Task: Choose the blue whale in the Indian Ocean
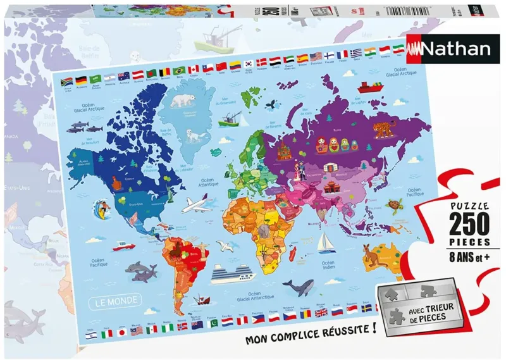click(x=297, y=288)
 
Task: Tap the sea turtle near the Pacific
click(x=397, y=206)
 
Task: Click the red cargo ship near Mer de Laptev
click(x=366, y=88)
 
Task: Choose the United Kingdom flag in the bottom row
click(x=321, y=312)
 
